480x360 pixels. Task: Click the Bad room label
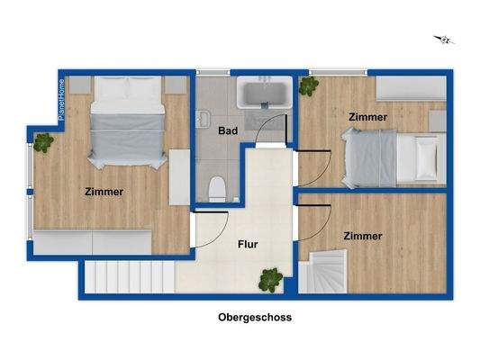pyautogui.click(x=228, y=131)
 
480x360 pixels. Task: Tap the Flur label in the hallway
pyautogui.click(x=249, y=244)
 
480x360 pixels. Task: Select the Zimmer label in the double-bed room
pyautogui.click(x=104, y=192)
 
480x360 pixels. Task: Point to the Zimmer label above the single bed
pyautogui.click(x=367, y=117)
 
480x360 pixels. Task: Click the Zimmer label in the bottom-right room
pyautogui.click(x=362, y=236)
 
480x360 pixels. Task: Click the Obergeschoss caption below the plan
pyautogui.click(x=255, y=317)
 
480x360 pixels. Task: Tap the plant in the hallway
pyautogui.click(x=268, y=280)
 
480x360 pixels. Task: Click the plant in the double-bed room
pyautogui.click(x=43, y=141)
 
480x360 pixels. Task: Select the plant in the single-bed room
pyautogui.click(x=309, y=86)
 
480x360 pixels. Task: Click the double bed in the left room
pyautogui.click(x=129, y=121)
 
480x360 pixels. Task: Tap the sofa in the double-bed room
pyautogui.click(x=93, y=240)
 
